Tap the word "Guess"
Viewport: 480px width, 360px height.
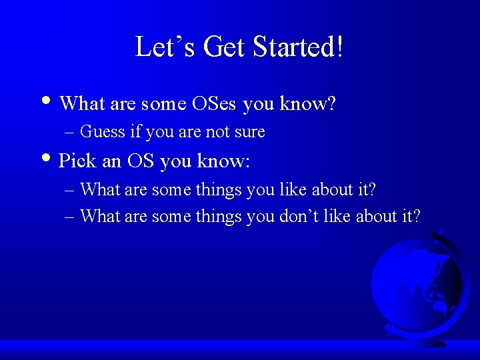pos(103,132)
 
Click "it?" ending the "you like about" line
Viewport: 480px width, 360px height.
pos(366,190)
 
